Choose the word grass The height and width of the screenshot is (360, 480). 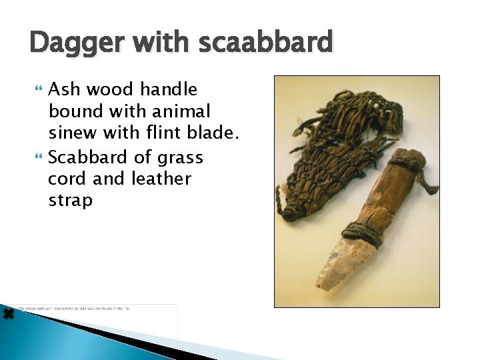pyautogui.click(x=181, y=157)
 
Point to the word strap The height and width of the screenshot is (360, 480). pyautogui.click(x=71, y=200)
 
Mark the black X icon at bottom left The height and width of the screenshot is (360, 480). pyautogui.click(x=8, y=313)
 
